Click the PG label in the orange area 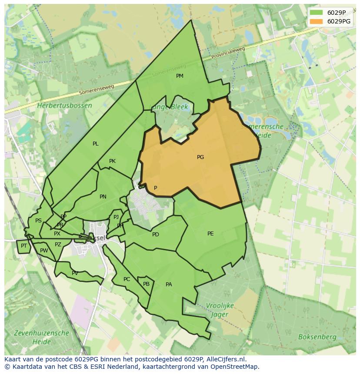[x=200, y=157]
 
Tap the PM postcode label [x=180, y=76]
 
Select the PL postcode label [x=96, y=144]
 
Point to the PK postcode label [x=112, y=161]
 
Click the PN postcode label [x=103, y=197]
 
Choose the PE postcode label [x=210, y=234]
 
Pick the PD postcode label [x=156, y=235]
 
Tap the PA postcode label [x=169, y=285]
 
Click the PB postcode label [x=147, y=284]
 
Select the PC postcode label [x=127, y=279]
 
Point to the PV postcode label [x=75, y=273]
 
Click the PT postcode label [x=24, y=246]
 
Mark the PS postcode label [x=38, y=221]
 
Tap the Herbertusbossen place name [x=64, y=106]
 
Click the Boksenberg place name [x=317, y=337]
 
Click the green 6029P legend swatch [x=316, y=13]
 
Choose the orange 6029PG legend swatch [x=316, y=21]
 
